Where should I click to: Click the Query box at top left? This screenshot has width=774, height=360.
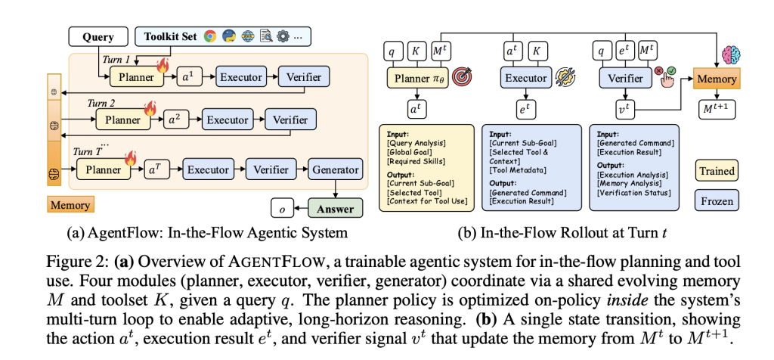pyautogui.click(x=98, y=36)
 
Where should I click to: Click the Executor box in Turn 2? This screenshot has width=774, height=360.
pyautogui.click(x=228, y=119)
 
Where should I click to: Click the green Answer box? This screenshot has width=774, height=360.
pyautogui.click(x=335, y=207)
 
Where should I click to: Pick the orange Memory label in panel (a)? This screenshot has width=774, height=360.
pyautogui.click(x=70, y=205)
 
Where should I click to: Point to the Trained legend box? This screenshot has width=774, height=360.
pyautogui.click(x=717, y=171)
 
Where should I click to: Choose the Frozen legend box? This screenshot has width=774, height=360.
pyautogui.click(x=717, y=201)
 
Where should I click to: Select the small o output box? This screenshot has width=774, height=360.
pyautogui.click(x=283, y=207)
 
